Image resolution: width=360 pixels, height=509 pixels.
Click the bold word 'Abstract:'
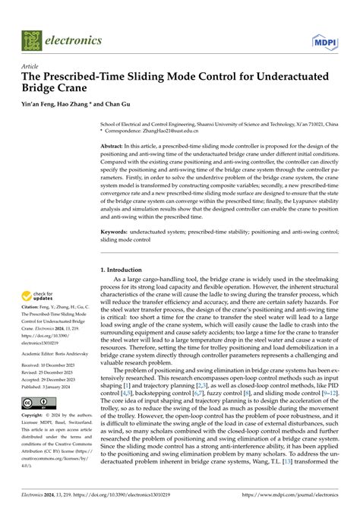pyautogui.click(x=116, y=144)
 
